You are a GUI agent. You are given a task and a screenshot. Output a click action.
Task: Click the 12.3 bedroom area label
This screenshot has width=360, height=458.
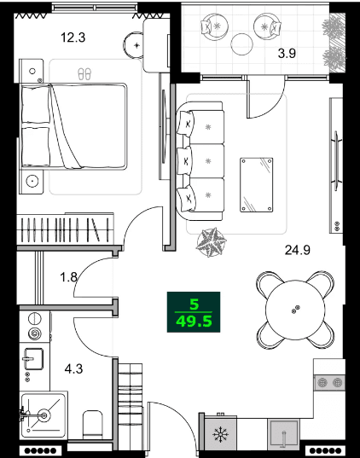tap(73, 37)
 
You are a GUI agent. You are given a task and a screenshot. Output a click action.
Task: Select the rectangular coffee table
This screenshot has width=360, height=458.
tap(257, 183)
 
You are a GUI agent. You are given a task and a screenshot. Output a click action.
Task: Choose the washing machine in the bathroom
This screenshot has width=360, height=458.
tap(36, 326)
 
